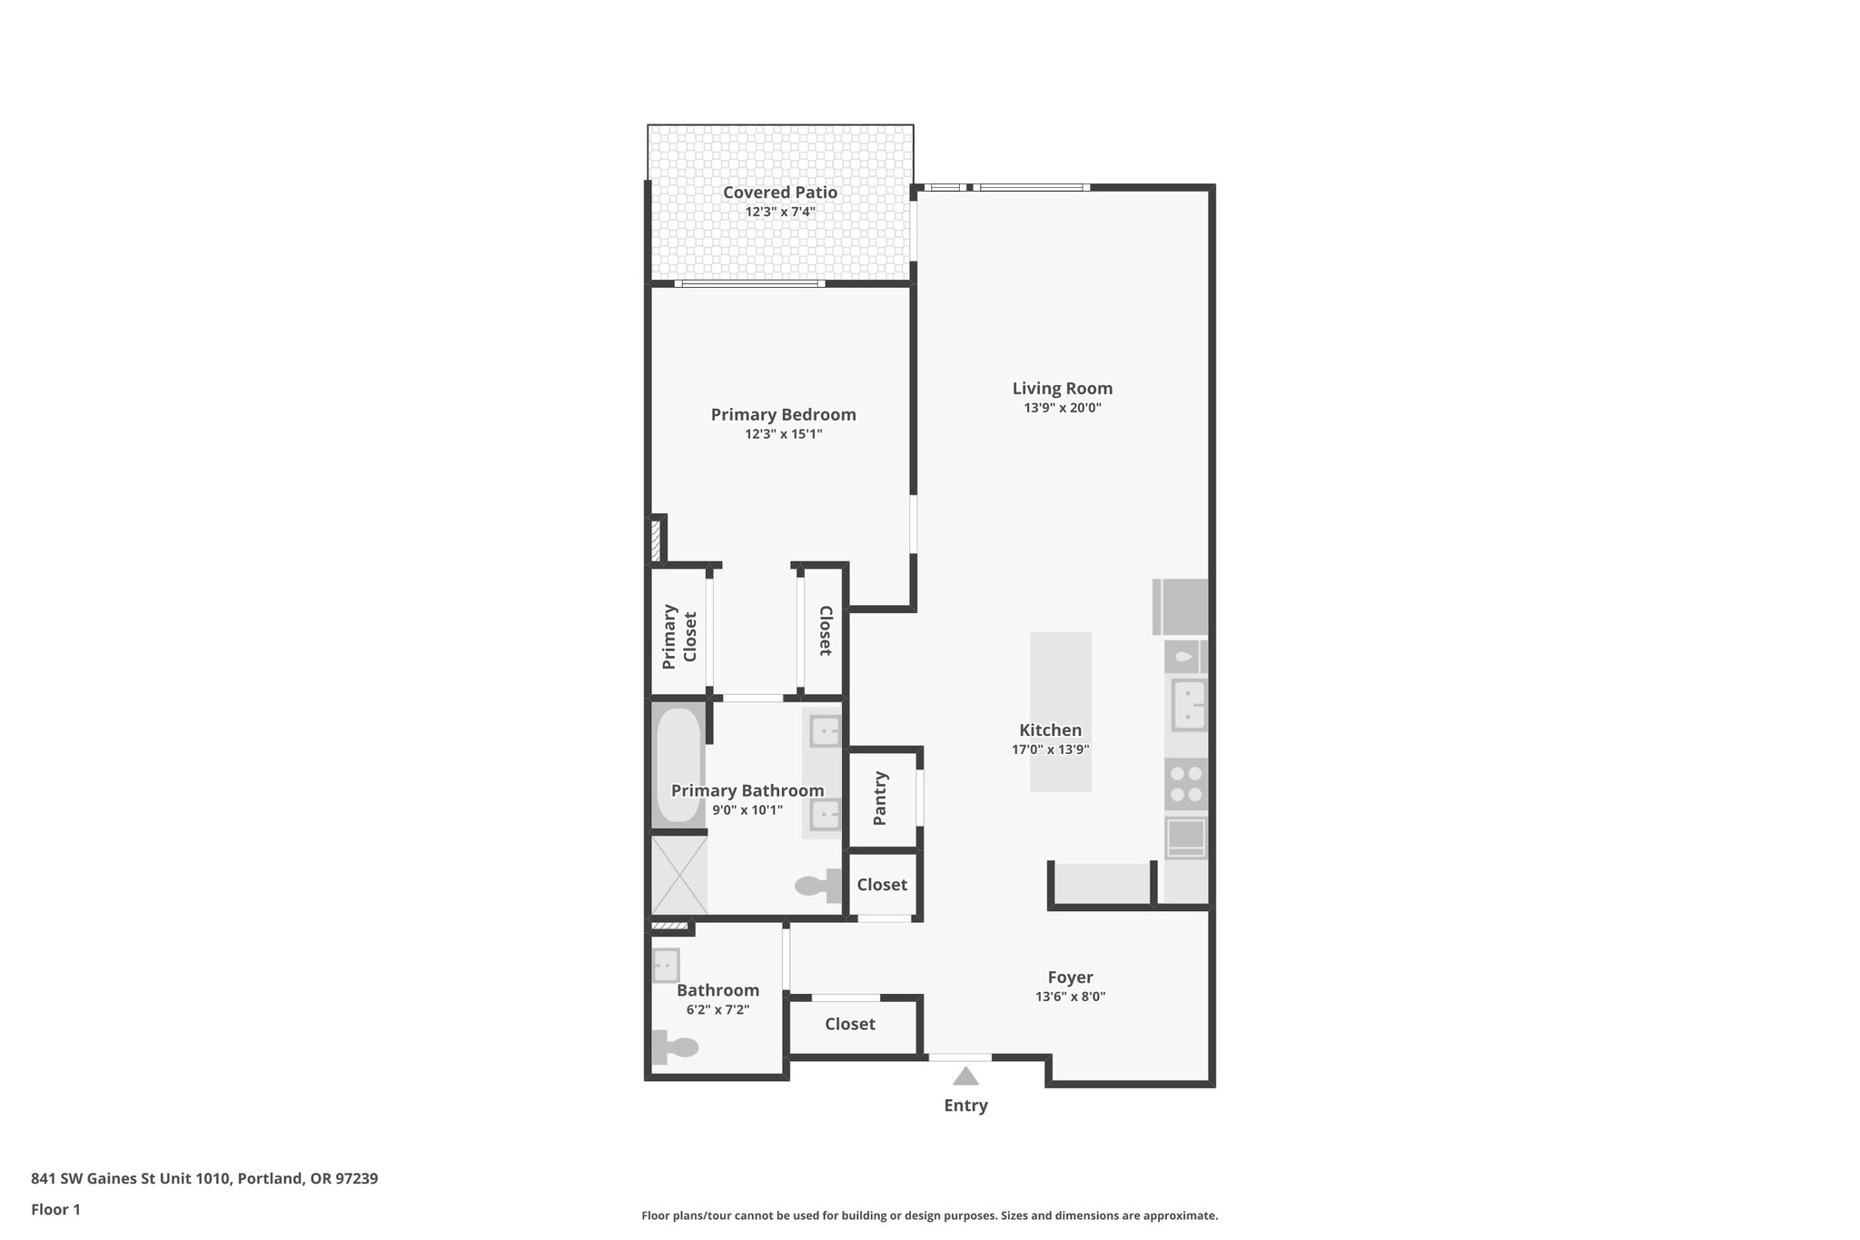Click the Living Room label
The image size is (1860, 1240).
pos(1062,388)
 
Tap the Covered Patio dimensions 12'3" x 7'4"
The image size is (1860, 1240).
pos(780,212)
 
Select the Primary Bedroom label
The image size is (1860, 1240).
pos(783,414)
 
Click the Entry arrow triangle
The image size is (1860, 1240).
pos(965,1076)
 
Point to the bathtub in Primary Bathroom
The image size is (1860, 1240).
pos(678,766)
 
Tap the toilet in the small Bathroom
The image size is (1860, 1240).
pos(675,1047)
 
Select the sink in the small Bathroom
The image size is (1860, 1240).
pos(666,965)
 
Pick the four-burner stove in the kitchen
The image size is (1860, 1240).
pos(1185,784)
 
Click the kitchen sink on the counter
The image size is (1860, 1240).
pos(1188,705)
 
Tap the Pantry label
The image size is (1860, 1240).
pos(879,799)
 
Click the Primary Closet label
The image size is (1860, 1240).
pos(679,635)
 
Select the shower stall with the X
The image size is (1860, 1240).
pos(678,875)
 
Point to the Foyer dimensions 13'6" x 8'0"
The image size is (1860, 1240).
pos(1070,997)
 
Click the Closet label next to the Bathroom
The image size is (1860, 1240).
pos(849,1024)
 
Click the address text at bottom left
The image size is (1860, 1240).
pos(204,1178)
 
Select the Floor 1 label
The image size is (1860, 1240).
pos(55,1209)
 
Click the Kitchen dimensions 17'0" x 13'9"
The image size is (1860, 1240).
pos(1050,749)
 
